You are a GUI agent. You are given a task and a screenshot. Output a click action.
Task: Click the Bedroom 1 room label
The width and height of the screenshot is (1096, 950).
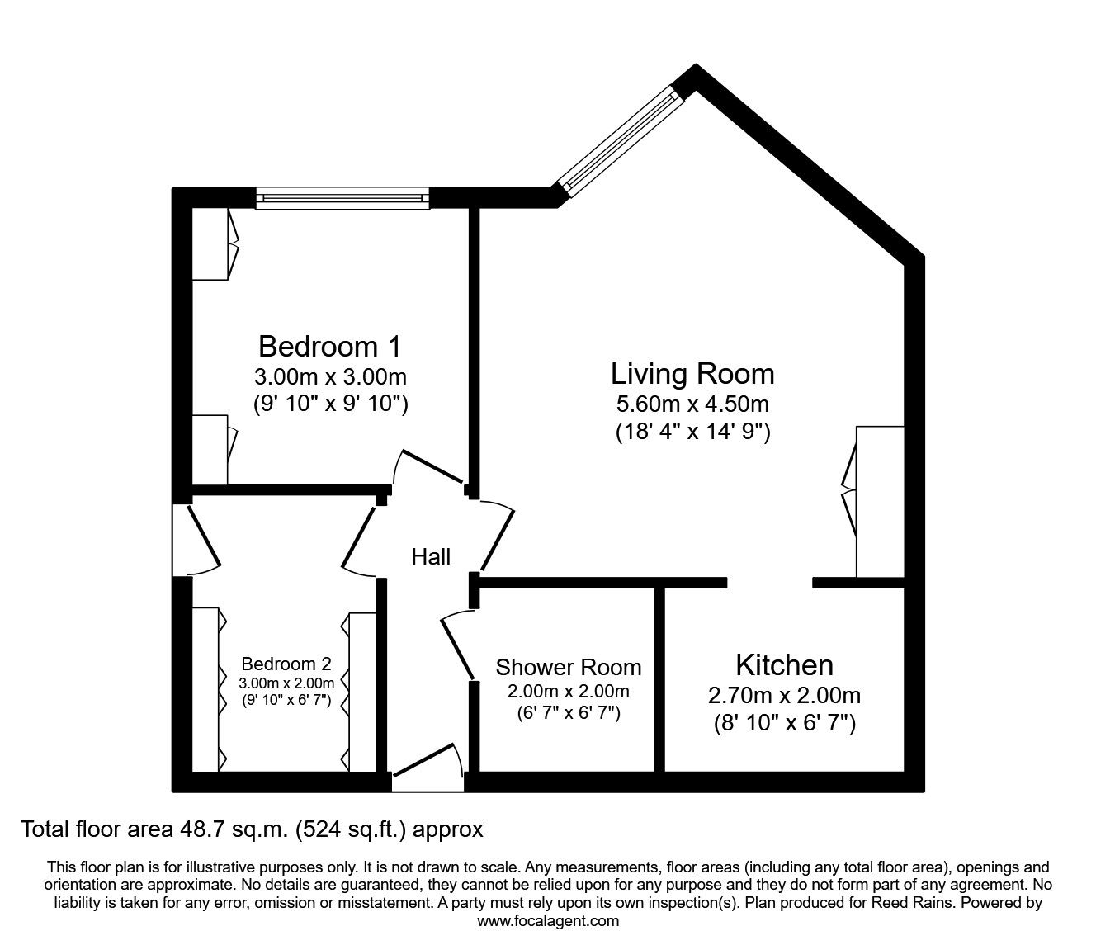tap(329, 345)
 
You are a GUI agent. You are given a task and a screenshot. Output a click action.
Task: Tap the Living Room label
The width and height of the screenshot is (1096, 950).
tap(692, 374)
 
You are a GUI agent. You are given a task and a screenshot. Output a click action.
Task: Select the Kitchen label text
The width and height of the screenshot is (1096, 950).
tap(784, 665)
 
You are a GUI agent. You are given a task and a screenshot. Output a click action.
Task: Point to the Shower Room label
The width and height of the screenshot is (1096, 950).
tap(568, 667)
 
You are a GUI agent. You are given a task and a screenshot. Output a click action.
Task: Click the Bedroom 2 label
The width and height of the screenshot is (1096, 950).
tap(286, 664)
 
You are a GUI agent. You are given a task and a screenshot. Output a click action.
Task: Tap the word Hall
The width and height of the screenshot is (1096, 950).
tap(431, 557)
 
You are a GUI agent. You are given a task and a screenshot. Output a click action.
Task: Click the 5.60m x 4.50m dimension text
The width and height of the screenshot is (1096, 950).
tap(692, 404)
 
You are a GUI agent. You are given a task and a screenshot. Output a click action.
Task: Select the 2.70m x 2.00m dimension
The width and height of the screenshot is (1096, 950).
tap(784, 696)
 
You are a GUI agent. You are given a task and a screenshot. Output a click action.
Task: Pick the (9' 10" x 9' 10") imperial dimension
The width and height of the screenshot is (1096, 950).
tap(330, 404)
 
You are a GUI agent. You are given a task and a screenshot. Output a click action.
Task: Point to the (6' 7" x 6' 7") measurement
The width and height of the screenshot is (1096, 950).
tap(568, 712)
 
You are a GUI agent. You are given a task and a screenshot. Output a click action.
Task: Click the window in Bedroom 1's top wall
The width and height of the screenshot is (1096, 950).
tap(342, 197)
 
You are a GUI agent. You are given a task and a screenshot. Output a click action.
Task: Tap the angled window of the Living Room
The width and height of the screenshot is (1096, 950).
tap(620, 140)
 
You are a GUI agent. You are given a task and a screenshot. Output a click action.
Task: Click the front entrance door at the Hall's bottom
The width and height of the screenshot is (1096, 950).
tap(427, 771)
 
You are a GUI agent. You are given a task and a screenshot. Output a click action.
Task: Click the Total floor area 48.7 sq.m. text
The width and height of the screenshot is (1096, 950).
tap(251, 829)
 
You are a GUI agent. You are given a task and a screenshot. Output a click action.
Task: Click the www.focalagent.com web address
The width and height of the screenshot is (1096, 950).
tap(547, 920)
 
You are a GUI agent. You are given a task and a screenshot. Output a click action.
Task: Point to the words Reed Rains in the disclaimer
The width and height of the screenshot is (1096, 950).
tap(897, 903)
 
